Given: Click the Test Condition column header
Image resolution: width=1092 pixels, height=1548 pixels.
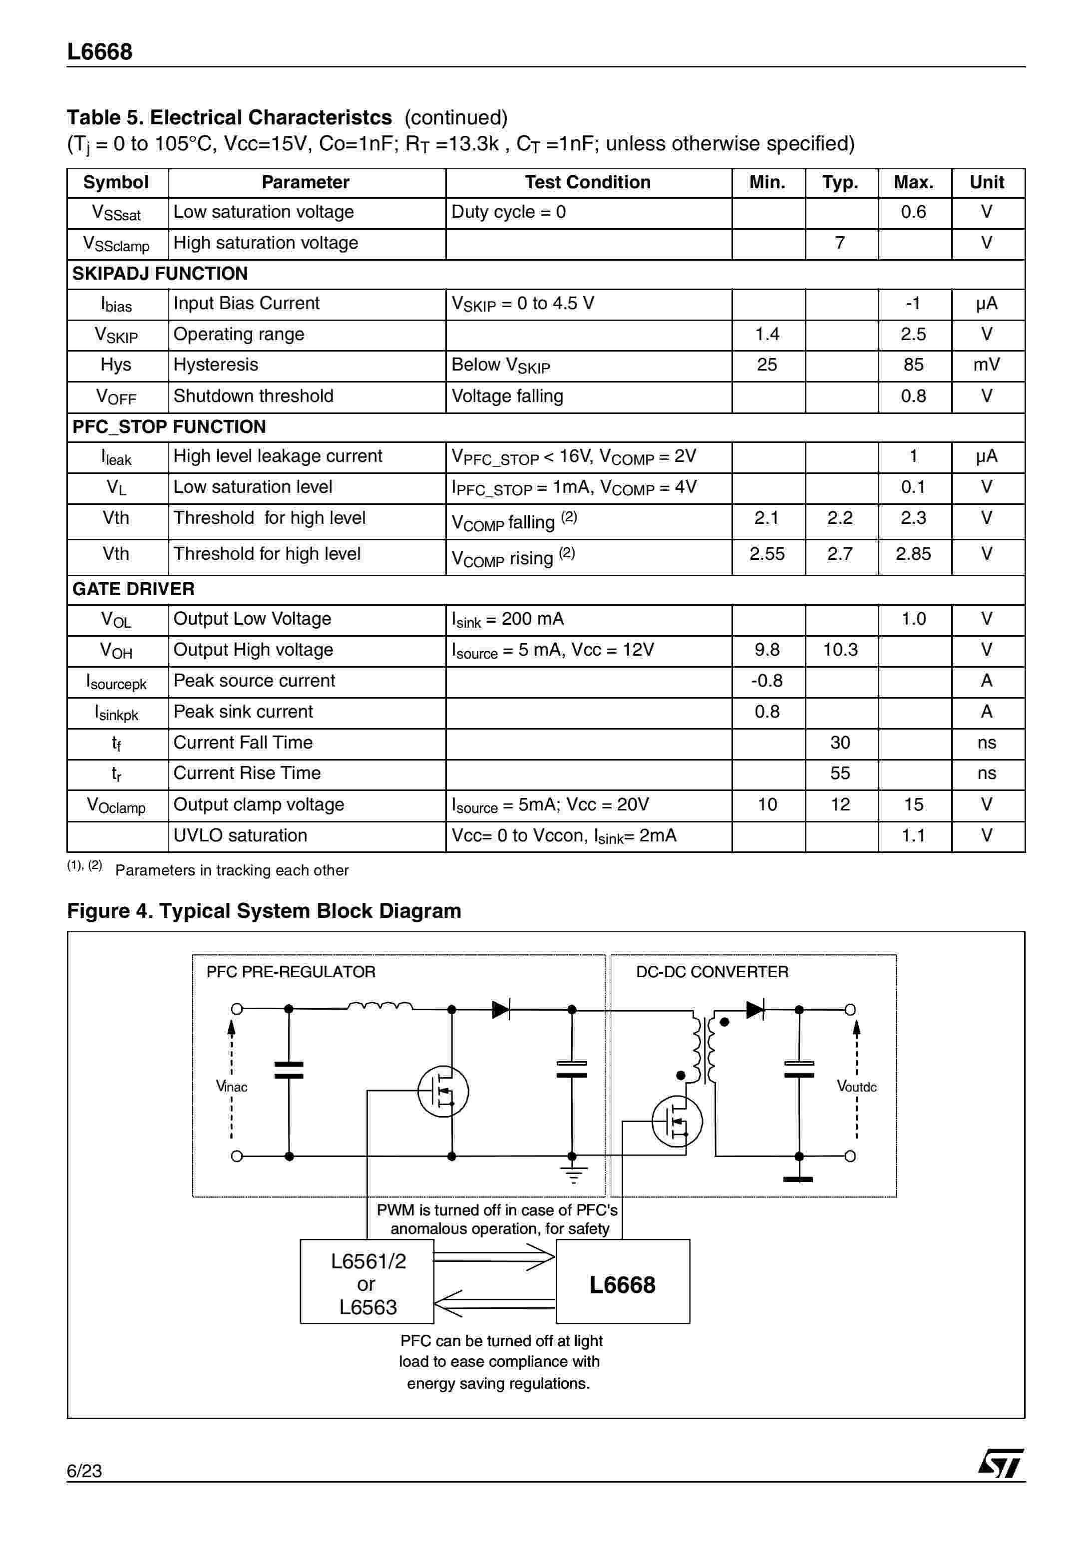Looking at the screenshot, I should pyautogui.click(x=587, y=182).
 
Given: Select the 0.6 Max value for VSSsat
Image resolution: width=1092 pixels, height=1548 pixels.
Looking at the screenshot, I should pyautogui.click(x=913, y=212).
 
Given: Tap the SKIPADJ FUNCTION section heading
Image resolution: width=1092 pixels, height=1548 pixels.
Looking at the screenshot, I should pyautogui.click(x=160, y=274).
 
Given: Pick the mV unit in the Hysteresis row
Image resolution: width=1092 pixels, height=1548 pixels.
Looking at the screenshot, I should pyautogui.click(x=986, y=365).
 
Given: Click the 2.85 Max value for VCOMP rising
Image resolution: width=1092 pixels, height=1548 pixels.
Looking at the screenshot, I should pyautogui.click(x=913, y=554).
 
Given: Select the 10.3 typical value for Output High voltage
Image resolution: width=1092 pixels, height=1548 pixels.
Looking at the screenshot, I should pyautogui.click(x=840, y=650).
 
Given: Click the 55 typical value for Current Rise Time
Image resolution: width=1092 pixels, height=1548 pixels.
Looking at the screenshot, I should pyautogui.click(x=840, y=774).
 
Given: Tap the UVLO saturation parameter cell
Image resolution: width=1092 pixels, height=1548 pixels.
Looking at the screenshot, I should pyautogui.click(x=240, y=836).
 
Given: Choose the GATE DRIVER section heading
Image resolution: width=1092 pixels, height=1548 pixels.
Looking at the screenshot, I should pyautogui.click(x=133, y=589).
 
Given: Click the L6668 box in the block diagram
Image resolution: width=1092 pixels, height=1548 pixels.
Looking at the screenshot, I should pyautogui.click(x=622, y=1284).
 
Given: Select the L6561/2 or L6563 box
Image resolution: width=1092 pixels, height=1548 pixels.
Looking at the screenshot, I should pyautogui.click(x=366, y=1284).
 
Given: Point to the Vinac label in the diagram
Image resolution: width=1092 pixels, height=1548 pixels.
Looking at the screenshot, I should pyautogui.click(x=231, y=1086).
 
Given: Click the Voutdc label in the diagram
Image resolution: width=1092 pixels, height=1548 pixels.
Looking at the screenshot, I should pyautogui.click(x=856, y=1086).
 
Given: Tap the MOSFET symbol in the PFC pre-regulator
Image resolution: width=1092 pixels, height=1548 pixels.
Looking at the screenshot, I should pyautogui.click(x=443, y=1091).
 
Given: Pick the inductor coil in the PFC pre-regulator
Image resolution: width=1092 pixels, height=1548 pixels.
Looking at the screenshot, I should pyautogui.click(x=380, y=1007).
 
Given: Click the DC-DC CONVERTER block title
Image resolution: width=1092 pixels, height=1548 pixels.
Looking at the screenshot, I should pyautogui.click(x=712, y=972).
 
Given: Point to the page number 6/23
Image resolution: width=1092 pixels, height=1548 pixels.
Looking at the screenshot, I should pyautogui.click(x=84, y=1471).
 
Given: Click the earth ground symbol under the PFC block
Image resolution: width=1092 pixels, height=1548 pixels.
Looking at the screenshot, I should pyautogui.click(x=573, y=1176).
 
